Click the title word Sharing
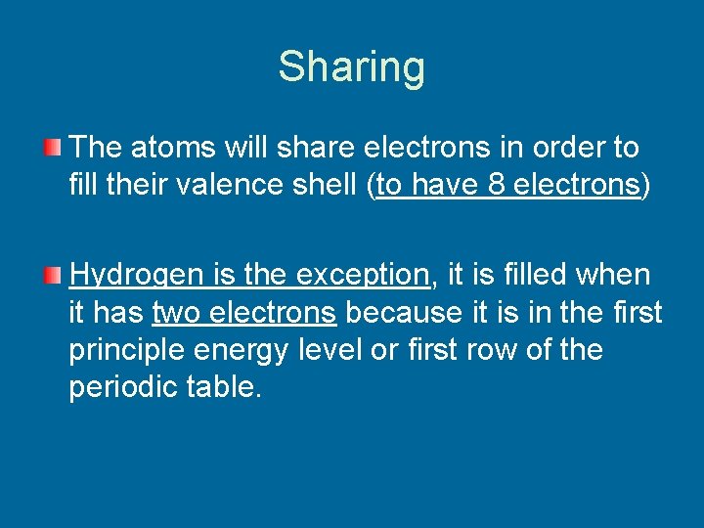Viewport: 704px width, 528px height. [351, 67]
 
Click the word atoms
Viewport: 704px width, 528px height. [172, 149]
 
